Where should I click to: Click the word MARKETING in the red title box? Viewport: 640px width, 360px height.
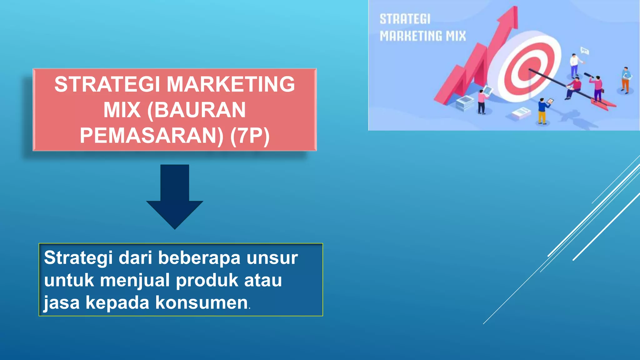pyautogui.click(x=230, y=84)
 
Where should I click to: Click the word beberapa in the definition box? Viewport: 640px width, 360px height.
pyautogui.click(x=199, y=258)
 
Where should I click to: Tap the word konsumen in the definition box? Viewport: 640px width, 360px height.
pyautogui.click(x=202, y=302)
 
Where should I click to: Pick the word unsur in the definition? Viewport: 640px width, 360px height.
pyautogui.click(x=272, y=258)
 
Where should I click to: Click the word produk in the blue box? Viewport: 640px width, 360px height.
pyautogui.click(x=207, y=280)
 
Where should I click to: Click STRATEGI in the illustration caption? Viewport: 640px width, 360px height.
pyautogui.click(x=405, y=19)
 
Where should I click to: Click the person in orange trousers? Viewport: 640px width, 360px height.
pyautogui.click(x=625, y=80)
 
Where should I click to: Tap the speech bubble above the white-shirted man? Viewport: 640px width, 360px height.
pyautogui.click(x=584, y=50)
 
